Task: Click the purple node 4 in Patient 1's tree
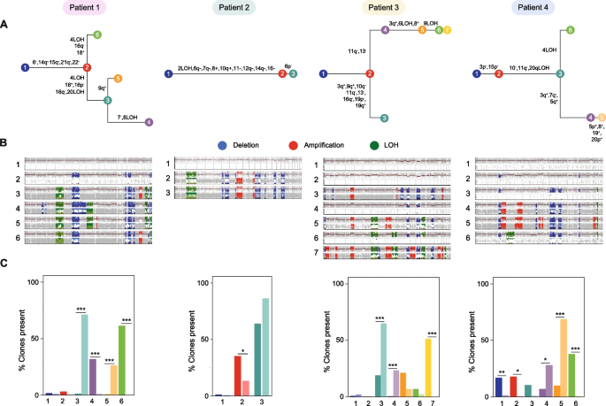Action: click(148, 122)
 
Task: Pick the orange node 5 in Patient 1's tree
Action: click(118, 79)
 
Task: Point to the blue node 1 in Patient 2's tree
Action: click(168, 73)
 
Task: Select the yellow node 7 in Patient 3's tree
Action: click(449, 31)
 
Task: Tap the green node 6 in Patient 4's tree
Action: click(571, 31)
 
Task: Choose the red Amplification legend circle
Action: click(290, 142)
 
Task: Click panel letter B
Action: click(4, 141)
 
